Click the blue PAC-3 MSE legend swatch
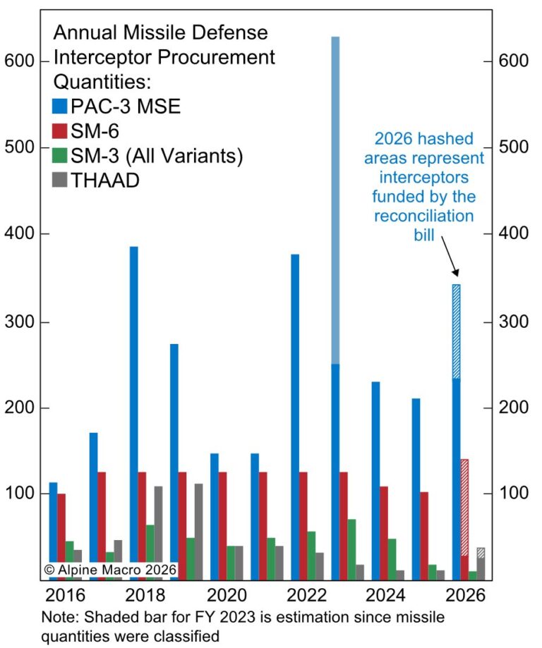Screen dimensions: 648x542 coord(60,107)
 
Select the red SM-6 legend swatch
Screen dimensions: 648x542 coord(60,132)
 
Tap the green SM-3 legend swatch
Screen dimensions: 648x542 coord(60,157)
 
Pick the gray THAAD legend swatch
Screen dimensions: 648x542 coord(60,181)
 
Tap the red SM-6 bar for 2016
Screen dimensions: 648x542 coord(61,536)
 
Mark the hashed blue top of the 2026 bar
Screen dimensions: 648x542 coord(456,331)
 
